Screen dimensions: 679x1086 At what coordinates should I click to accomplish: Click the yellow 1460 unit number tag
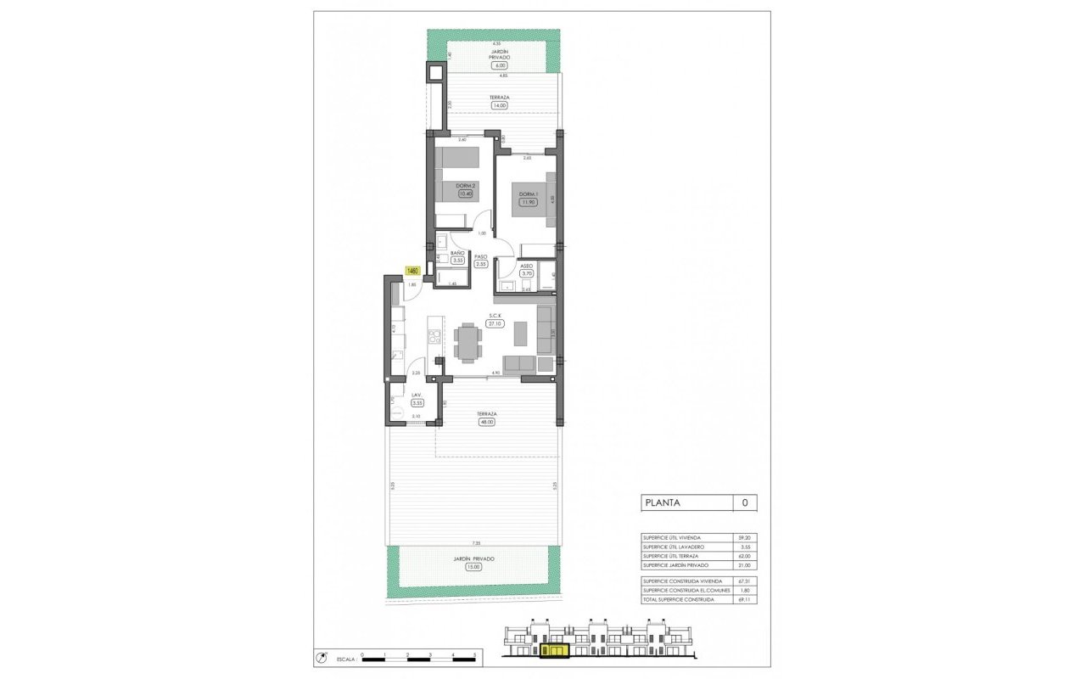(x=413, y=271)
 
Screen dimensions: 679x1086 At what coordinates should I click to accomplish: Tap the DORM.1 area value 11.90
(x=528, y=202)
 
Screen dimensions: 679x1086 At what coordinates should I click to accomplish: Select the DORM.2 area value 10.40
(x=464, y=194)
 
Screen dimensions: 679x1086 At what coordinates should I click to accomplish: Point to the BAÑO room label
(x=457, y=253)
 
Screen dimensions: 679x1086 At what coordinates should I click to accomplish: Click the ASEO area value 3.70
(x=526, y=273)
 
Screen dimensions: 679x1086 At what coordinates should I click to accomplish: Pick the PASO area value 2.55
(x=481, y=264)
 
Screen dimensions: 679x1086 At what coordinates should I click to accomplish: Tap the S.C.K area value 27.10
(x=494, y=323)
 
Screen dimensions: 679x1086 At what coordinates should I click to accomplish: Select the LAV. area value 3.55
(x=417, y=403)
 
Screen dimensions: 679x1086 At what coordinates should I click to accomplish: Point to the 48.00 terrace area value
(x=486, y=422)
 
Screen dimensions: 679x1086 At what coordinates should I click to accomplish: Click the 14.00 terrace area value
(x=500, y=105)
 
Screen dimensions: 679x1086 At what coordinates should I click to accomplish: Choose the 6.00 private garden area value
(x=500, y=65)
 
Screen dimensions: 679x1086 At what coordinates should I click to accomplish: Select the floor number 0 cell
(x=744, y=502)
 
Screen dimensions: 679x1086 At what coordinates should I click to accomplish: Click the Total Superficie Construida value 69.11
(x=744, y=599)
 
